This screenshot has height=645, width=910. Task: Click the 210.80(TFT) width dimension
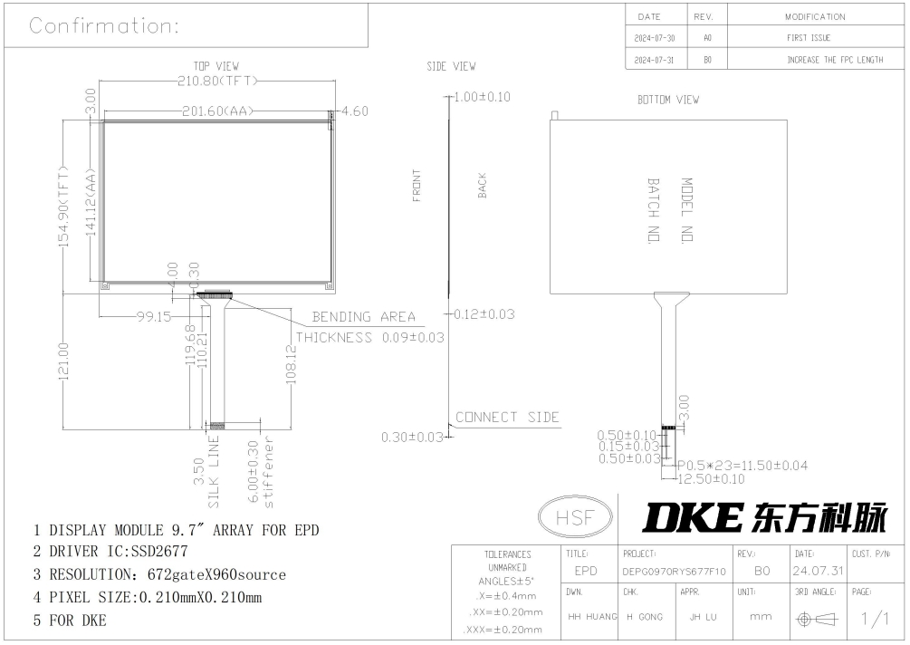point(217,81)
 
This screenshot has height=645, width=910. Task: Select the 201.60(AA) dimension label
point(217,111)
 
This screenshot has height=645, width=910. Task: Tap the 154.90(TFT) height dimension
point(63,207)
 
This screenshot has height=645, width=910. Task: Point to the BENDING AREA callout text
point(364,317)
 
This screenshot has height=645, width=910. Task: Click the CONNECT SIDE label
point(507,418)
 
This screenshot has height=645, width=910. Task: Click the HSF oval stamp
point(575,516)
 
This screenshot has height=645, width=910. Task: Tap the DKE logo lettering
point(693,517)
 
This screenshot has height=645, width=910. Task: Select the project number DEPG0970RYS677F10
point(674,572)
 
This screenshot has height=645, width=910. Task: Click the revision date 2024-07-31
point(654,60)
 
